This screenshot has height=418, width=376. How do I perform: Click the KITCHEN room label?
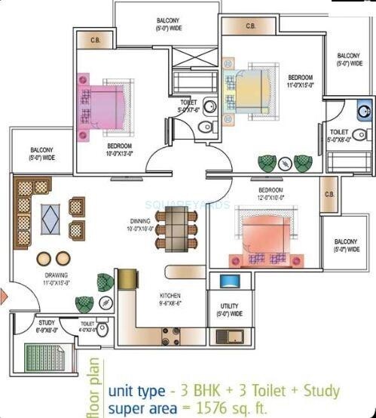(x=169, y=295)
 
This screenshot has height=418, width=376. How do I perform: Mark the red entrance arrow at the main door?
(x=3, y=296)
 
